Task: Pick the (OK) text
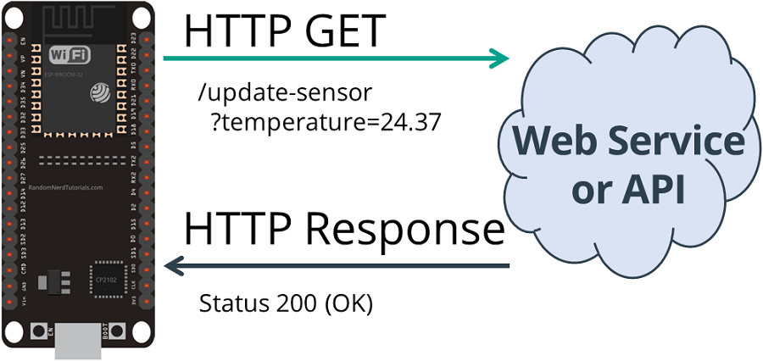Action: point(347,303)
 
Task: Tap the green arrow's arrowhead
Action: point(500,58)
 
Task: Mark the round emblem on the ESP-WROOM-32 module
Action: point(99,91)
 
